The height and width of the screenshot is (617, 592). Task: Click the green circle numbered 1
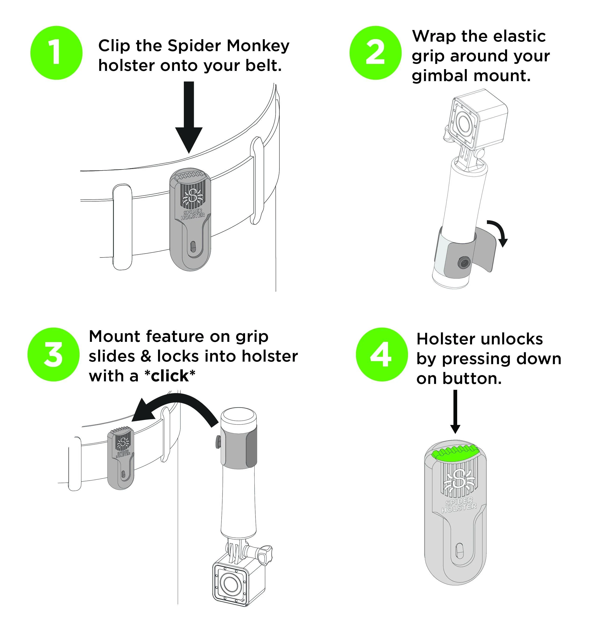[56, 53]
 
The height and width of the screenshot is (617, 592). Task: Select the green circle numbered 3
[53, 354]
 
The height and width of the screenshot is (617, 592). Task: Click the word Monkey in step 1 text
[258, 46]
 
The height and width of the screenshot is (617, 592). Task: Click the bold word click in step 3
[170, 376]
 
